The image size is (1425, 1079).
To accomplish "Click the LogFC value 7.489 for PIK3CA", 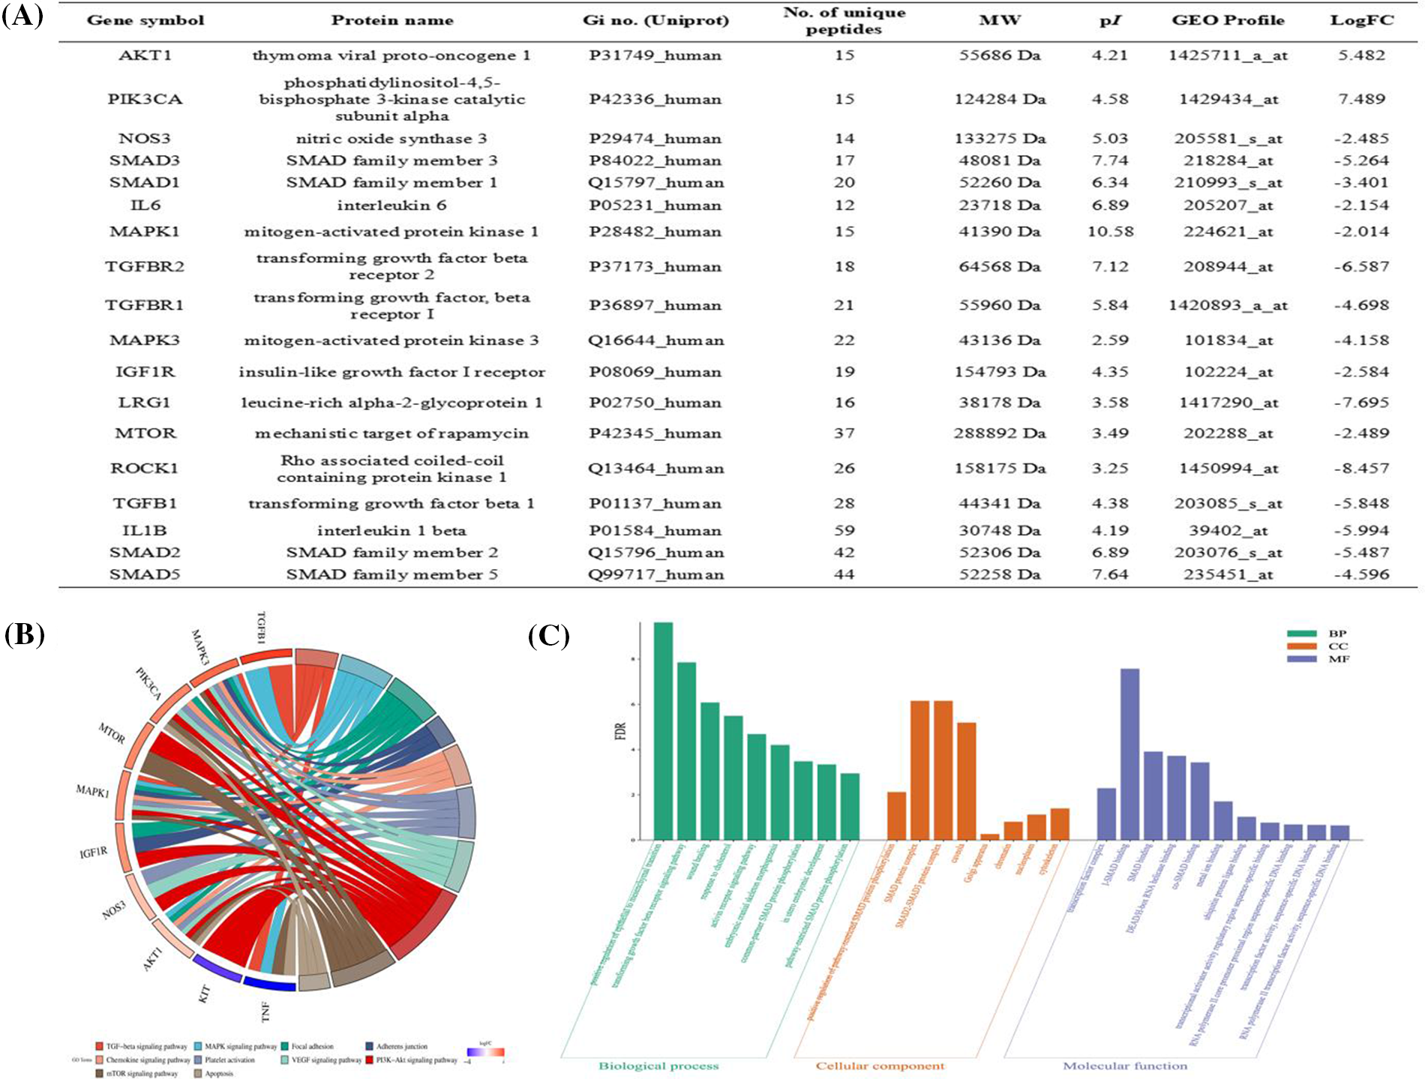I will pos(1361,99).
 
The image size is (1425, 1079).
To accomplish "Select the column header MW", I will pos(1000,20).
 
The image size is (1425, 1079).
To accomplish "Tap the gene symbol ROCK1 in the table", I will pos(145,469).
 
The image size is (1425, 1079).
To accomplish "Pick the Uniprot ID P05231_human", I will pos(655,205).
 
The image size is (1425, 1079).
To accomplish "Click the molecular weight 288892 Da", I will pos(1000,433).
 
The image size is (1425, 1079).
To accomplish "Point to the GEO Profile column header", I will pos(1228,20).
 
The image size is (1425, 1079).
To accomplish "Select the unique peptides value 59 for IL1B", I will pos(844,531).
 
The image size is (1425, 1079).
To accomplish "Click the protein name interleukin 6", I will pos(391,205).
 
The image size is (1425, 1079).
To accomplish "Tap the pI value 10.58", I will pos(1110,232).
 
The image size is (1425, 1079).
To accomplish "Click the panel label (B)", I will pos(25,634).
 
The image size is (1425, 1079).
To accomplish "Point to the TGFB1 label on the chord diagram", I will pos(262,628).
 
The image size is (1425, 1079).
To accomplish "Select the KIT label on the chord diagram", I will pos(204,994).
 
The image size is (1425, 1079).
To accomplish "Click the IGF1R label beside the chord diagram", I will pos(94,853).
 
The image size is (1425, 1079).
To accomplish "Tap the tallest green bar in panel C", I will pos(663,731).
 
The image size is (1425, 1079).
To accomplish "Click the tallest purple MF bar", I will pos(1129,754).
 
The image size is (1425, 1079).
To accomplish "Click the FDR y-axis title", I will pos(620,731).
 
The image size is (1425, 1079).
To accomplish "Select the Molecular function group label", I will pos(1125,1066).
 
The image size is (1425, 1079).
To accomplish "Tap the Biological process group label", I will pos(658,1066).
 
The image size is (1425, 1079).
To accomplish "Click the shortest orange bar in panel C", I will pos(990,837).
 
